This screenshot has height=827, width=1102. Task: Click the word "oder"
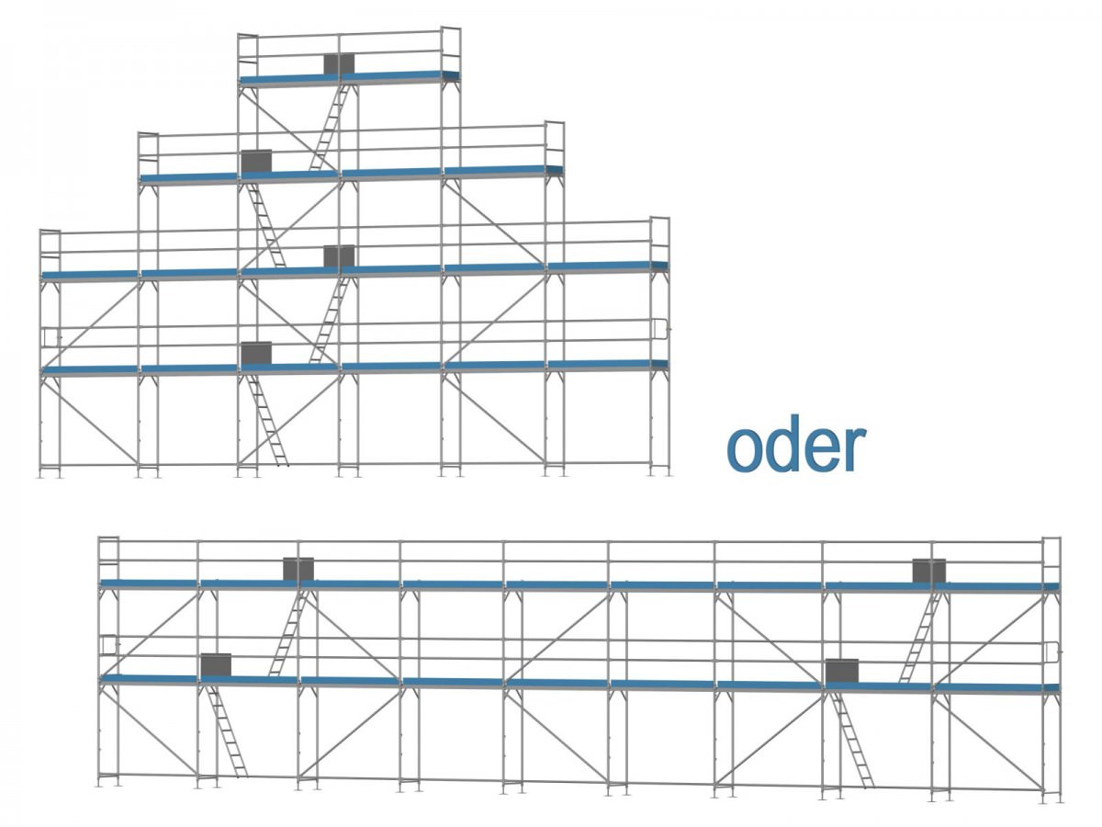(x=796, y=447)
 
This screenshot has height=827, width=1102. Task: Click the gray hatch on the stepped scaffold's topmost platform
(x=339, y=63)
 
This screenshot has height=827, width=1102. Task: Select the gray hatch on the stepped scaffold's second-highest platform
(x=256, y=160)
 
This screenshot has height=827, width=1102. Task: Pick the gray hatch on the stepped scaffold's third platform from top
(x=339, y=255)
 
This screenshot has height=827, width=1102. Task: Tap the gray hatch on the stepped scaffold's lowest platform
(x=256, y=352)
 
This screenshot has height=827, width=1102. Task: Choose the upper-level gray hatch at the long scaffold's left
(x=298, y=569)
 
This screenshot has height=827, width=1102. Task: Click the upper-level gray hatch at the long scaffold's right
(x=928, y=570)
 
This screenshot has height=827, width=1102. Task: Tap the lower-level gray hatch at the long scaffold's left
(x=216, y=664)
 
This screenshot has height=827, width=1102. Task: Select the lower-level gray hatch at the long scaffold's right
(x=841, y=670)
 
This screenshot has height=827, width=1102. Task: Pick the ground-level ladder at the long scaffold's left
(x=227, y=732)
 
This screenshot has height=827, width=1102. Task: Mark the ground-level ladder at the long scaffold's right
(x=853, y=740)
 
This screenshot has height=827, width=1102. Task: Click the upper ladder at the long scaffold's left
(x=287, y=634)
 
